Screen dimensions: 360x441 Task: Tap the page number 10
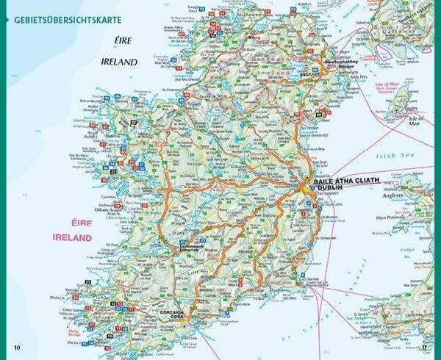18,347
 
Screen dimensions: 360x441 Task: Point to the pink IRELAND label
71,238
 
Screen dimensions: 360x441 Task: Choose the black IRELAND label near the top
120,61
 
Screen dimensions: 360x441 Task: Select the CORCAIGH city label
174,312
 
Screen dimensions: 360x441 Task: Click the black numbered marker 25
87,282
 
